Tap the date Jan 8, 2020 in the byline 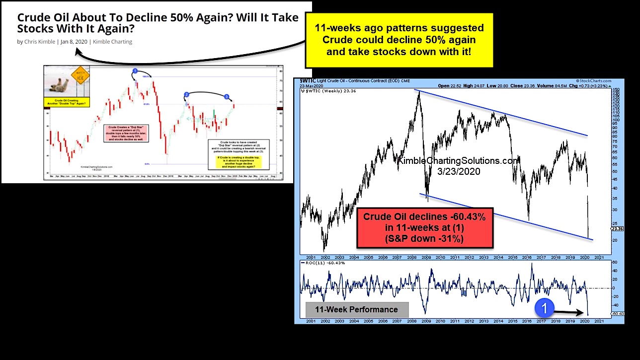click(74, 42)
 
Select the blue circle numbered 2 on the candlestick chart click(186, 94)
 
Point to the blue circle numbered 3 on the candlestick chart click(227, 96)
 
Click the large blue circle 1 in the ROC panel click(544, 308)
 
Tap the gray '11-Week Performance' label click(356, 309)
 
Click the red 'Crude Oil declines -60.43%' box click(425, 227)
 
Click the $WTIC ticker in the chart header click(309, 80)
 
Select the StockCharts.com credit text click(593, 80)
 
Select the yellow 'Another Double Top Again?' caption click(66, 102)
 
